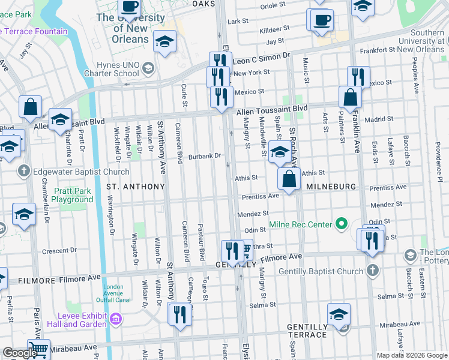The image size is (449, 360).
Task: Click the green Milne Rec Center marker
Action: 342,224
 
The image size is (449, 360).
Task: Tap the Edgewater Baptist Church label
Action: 74,172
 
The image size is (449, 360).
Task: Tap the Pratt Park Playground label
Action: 71,194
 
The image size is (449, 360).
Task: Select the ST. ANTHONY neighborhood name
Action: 135,187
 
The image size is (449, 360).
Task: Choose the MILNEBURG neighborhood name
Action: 332,187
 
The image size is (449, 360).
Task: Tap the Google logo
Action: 19,353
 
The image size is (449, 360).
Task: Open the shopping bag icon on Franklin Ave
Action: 350,96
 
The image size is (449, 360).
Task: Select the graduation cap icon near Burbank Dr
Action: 279,152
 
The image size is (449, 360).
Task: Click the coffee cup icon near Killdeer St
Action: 322,19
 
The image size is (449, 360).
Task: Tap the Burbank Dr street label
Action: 205,156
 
